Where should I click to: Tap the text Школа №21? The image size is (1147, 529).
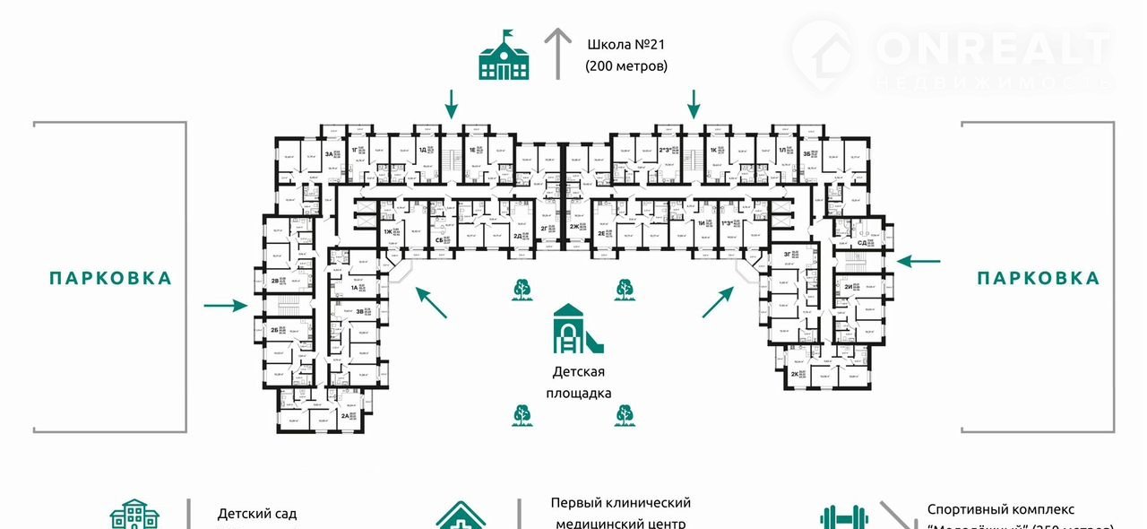pos(627,44)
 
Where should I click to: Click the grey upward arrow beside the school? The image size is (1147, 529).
pos(558,53)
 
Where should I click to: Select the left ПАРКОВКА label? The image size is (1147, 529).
pos(110,278)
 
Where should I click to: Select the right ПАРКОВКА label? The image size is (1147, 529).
pos(1038,278)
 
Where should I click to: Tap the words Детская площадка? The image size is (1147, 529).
pos(578,382)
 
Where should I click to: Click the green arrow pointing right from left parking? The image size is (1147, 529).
pos(225,306)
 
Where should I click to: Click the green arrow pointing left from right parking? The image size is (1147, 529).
pos(919,261)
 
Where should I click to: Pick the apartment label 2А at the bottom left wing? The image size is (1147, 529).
pos(346,416)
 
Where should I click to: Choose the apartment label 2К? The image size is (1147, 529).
pos(794,373)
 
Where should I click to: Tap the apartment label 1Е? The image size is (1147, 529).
pos(471,151)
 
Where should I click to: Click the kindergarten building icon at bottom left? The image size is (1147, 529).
pos(134,515)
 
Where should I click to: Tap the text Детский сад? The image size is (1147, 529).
pos(256,514)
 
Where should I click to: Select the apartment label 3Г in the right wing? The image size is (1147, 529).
pos(786,255)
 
